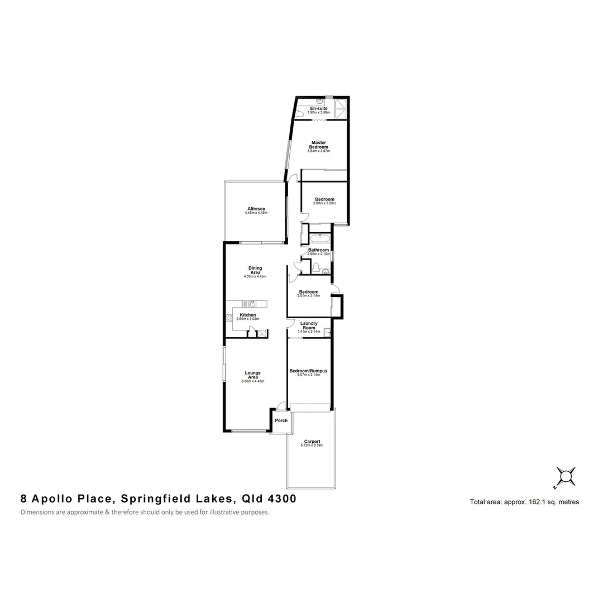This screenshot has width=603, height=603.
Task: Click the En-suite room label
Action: (319, 108)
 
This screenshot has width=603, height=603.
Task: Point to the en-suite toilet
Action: (300, 114)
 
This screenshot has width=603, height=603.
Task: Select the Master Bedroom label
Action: (319, 145)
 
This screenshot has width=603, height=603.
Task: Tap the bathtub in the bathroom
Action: (320, 240)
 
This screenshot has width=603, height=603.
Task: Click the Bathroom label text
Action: (318, 250)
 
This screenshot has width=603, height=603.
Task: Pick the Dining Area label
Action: (255, 270)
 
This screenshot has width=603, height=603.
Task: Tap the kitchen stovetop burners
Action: (228, 319)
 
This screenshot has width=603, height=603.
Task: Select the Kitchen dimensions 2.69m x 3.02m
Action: (248, 319)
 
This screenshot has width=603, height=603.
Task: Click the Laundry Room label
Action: (309, 326)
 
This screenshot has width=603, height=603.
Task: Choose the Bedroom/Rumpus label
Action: (308, 371)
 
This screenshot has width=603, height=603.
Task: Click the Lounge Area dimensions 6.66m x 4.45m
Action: (253, 381)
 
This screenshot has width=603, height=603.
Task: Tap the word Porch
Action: (281, 420)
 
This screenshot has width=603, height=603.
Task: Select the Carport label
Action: (312, 442)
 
